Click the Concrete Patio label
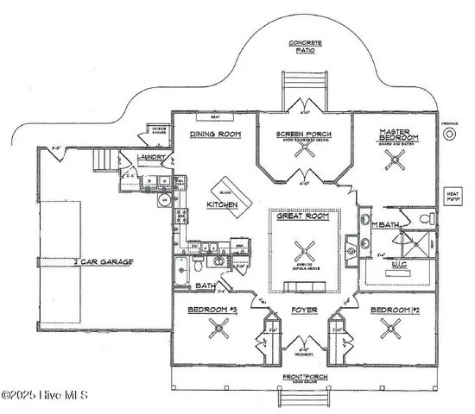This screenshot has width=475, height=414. tap(302, 47)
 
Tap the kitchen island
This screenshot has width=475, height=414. tap(229, 188)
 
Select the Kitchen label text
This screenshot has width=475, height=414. tap(221, 204)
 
